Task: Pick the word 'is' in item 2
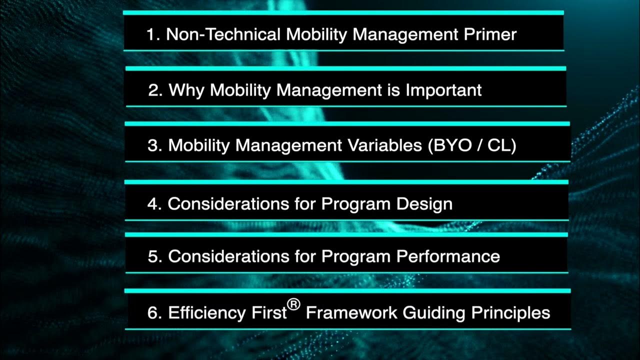pyautogui.click(x=393, y=90)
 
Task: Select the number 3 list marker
pyautogui.click(x=153, y=145)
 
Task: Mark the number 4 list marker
pyautogui.click(x=153, y=204)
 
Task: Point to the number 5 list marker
pyautogui.click(x=153, y=256)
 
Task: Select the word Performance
pyautogui.click(x=448, y=256)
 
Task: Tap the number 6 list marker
pyautogui.click(x=153, y=313)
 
